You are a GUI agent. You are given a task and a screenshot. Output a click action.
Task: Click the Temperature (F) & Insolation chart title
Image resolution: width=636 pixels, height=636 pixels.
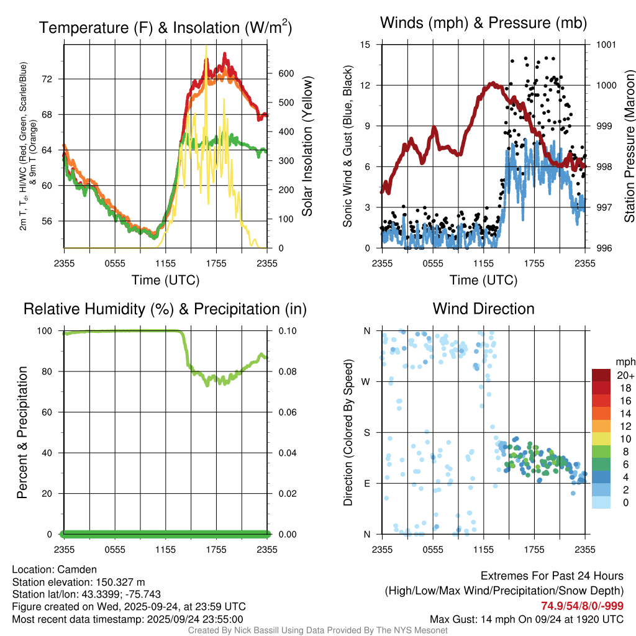[x=165, y=28]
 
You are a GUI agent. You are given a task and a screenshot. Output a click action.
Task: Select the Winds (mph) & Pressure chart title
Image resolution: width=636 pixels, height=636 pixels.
[x=484, y=23]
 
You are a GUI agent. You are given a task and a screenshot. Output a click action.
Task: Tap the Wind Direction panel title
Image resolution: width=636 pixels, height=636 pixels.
[x=483, y=309]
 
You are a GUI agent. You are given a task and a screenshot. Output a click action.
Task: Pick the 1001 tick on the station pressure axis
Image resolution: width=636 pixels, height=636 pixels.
[x=606, y=45]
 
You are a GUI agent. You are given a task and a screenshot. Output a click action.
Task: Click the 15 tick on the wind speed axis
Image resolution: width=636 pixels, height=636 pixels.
[x=365, y=45]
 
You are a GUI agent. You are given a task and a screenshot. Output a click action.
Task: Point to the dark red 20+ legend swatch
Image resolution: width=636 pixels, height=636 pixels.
[x=601, y=376]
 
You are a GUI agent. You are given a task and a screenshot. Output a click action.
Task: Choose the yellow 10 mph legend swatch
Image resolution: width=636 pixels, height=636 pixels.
[x=601, y=438]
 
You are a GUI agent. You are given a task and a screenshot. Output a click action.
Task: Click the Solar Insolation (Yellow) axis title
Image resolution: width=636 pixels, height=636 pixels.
[x=307, y=147]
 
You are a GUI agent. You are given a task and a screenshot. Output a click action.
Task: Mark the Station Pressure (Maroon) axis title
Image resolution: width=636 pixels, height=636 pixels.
[x=629, y=147]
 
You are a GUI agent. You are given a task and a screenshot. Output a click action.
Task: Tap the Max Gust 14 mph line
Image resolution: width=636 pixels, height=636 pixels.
[x=527, y=619]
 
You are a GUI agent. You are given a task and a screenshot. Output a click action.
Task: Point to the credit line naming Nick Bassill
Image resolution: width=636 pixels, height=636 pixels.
[x=318, y=630]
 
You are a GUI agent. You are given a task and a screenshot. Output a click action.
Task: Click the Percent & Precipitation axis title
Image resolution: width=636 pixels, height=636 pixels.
[x=22, y=432]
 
